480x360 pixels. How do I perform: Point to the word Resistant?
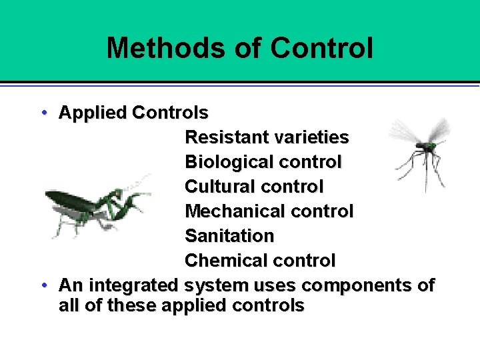point(226,137)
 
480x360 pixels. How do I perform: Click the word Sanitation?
point(229,236)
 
